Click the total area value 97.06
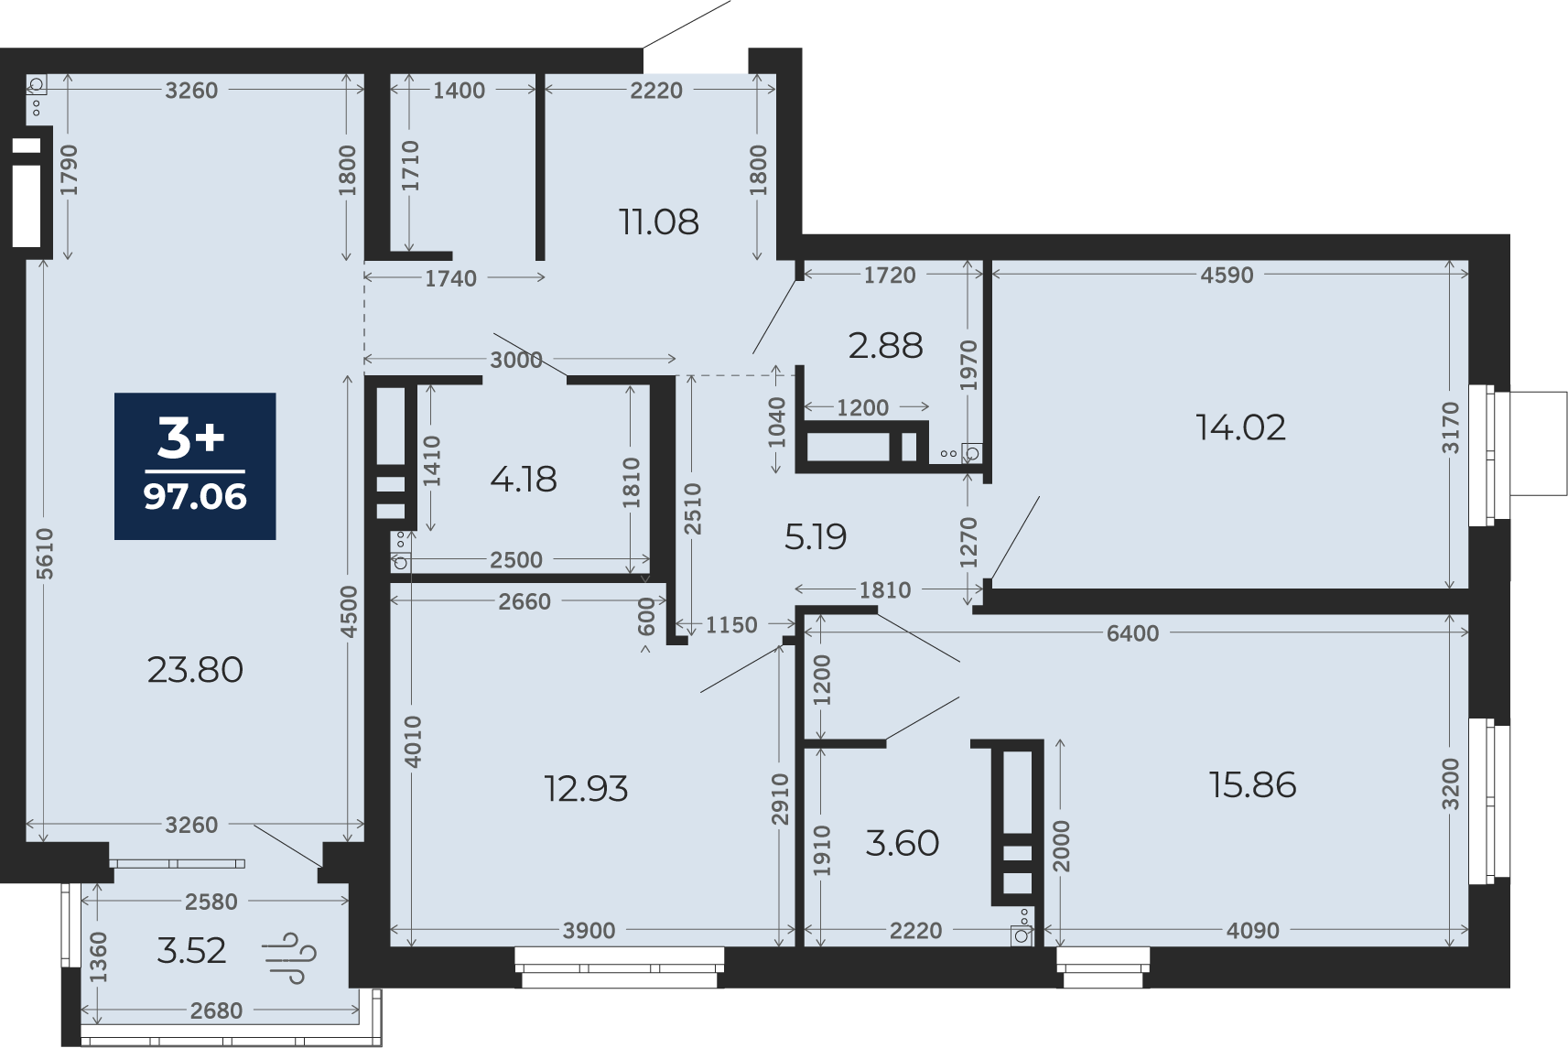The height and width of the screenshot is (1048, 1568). tap(195, 496)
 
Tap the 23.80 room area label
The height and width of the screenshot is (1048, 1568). tap(195, 670)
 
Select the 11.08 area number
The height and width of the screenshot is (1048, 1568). tap(659, 221)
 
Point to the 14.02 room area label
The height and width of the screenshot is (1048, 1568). tap(1240, 427)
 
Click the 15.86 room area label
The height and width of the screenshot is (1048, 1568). tap(1253, 784)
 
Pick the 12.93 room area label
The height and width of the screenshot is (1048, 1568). tap(586, 789)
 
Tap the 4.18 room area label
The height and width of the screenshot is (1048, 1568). tap(524, 480)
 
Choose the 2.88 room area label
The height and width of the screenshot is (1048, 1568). tap(885, 346)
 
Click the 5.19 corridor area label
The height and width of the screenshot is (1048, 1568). tap(816, 537)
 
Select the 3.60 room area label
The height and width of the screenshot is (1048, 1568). tap(903, 843)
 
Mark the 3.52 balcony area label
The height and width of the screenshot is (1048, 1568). tap(191, 951)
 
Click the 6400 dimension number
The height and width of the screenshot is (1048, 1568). tap(1133, 633)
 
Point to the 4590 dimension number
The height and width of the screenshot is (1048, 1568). tap(1227, 276)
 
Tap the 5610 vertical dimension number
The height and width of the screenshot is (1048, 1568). tap(44, 554)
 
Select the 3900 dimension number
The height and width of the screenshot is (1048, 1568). tap(589, 931)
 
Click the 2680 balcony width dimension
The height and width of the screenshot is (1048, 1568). tap(216, 1010)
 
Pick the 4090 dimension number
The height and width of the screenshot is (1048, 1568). tap(1253, 931)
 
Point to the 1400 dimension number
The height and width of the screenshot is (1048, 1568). tap(460, 91)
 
